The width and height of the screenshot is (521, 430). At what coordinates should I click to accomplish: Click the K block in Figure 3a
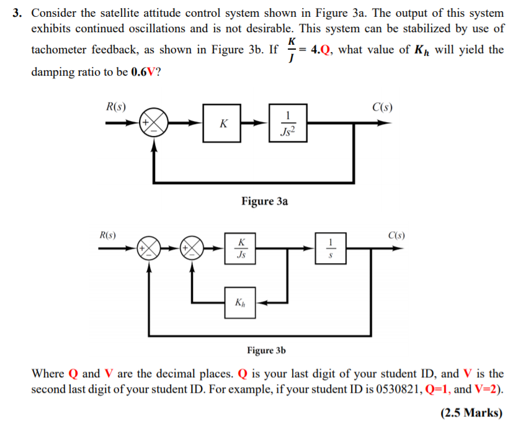(222, 123)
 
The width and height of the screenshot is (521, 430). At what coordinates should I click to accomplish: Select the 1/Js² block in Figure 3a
(287, 123)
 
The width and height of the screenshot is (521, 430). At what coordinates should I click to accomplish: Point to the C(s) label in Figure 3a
(382, 106)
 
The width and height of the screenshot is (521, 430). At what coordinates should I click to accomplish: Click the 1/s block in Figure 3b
(331, 248)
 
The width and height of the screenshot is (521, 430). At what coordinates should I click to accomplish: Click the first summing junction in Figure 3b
(148, 248)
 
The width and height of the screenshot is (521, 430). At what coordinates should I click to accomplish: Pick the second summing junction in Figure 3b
(192, 248)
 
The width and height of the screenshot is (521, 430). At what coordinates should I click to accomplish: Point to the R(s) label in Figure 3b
(110, 235)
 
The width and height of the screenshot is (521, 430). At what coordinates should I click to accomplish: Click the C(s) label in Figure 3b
(396, 235)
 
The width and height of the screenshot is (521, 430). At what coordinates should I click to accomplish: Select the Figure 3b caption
(266, 351)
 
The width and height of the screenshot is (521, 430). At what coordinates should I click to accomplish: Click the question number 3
(18, 12)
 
